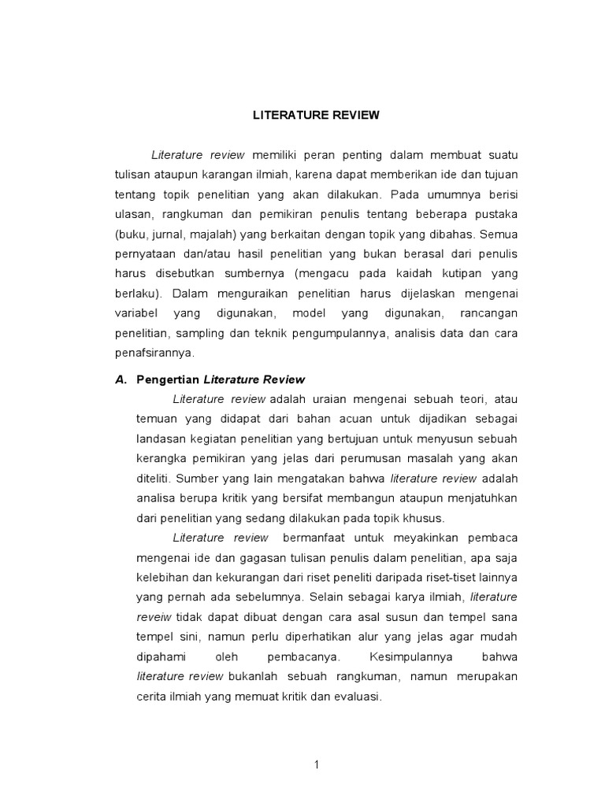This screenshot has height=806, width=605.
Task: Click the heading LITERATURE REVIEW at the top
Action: point(316,115)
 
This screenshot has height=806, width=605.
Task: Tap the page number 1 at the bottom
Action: point(316,763)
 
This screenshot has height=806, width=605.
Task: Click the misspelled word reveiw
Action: point(153,616)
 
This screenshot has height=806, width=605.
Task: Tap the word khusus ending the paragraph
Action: point(426,517)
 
